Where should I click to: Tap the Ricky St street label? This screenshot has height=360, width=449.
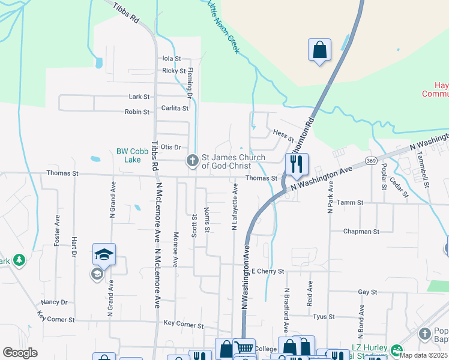[173, 71]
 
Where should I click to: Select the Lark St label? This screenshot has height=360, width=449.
[139, 96]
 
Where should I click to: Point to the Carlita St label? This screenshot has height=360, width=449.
[175, 109]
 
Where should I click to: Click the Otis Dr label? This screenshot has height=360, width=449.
[170, 147]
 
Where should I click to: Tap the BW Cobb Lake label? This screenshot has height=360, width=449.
[128, 155]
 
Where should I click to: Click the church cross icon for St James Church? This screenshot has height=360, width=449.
[192, 160]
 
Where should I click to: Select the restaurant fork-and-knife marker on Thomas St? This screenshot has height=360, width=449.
[297, 164]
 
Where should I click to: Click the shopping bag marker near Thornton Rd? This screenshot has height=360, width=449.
[320, 50]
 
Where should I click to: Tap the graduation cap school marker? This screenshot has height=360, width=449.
[104, 255]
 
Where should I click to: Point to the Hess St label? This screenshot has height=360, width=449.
[283, 136]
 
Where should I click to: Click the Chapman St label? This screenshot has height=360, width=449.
[361, 231]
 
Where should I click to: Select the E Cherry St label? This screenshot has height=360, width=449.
[267, 271]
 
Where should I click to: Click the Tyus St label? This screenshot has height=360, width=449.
[324, 316]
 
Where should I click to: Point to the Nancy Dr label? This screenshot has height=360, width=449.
[54, 302]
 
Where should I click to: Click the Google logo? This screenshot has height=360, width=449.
[20, 353]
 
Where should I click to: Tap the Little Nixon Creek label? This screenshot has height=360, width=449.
[223, 27]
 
